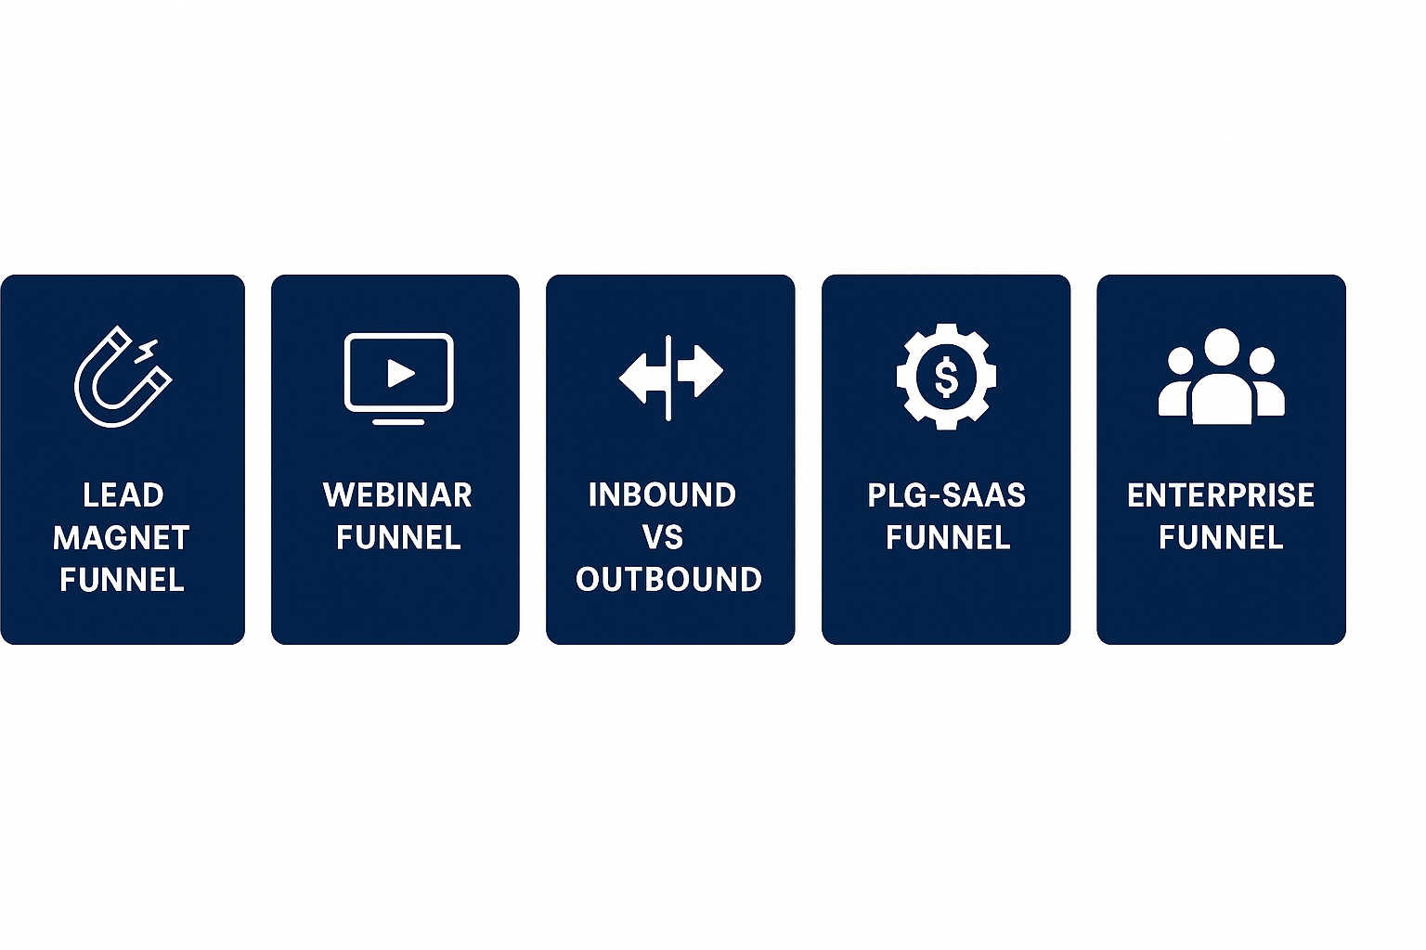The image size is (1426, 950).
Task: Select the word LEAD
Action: (x=123, y=495)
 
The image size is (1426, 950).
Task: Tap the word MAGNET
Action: (x=122, y=538)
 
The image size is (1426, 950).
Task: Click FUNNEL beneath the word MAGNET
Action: (x=122, y=580)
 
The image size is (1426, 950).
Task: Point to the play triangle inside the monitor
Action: (x=401, y=373)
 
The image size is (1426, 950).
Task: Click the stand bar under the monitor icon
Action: (x=398, y=422)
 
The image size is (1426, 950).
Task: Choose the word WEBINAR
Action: (x=397, y=495)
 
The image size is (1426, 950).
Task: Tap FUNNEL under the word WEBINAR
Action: (x=398, y=538)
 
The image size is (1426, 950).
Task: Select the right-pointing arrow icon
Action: (x=702, y=371)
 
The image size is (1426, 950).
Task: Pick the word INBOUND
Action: (x=662, y=495)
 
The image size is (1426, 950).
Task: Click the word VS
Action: (x=663, y=538)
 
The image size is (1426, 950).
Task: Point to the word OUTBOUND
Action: (x=668, y=580)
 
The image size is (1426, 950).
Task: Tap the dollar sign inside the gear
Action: (x=946, y=377)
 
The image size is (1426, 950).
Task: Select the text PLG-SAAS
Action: (x=946, y=495)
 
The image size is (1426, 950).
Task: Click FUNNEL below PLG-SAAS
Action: (x=948, y=538)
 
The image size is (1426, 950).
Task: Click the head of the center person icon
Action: (x=1221, y=346)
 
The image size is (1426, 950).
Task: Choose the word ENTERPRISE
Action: (x=1221, y=495)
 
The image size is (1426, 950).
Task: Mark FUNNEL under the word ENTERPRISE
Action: (x=1221, y=538)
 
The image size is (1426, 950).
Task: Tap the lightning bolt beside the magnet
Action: (x=147, y=352)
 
